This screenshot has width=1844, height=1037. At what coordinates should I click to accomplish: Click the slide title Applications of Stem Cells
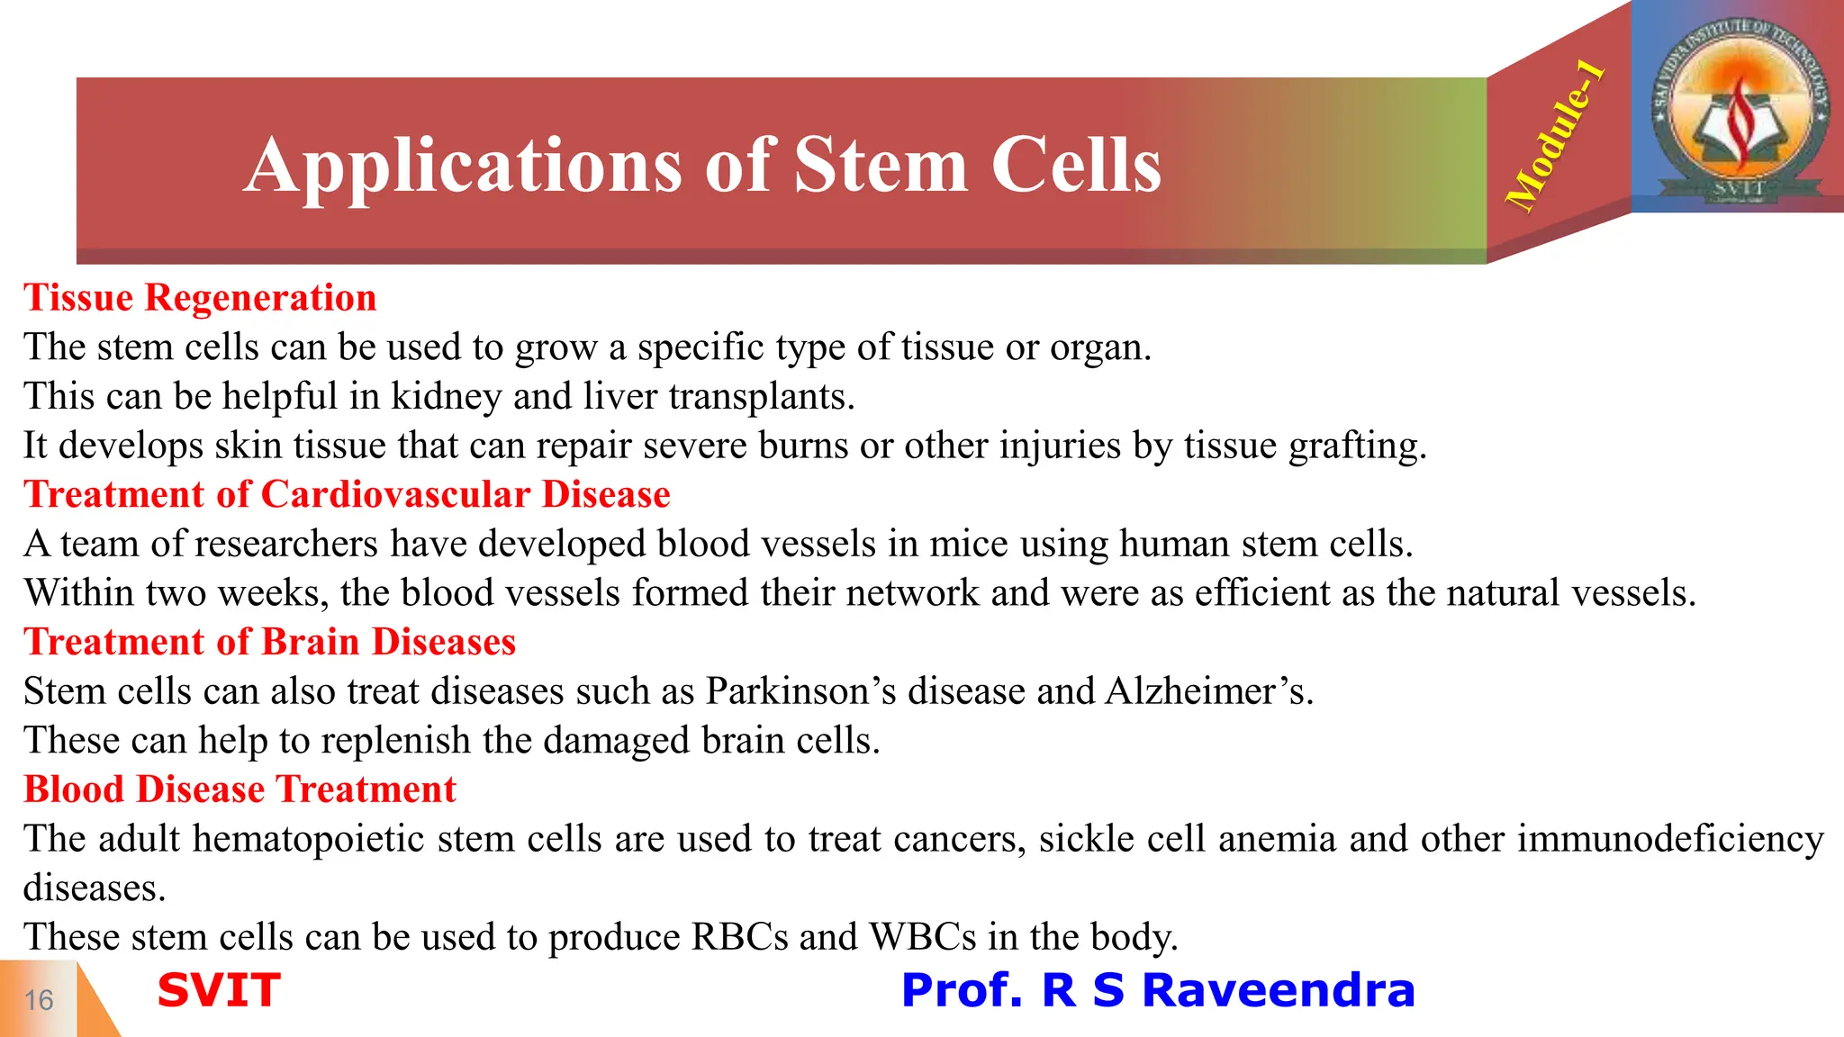tap(702, 166)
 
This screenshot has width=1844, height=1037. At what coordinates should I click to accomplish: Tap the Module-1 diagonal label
tap(1555, 137)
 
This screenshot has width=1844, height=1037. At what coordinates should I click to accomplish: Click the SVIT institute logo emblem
tap(1738, 106)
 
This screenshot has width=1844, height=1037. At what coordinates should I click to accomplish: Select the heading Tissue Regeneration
tap(200, 298)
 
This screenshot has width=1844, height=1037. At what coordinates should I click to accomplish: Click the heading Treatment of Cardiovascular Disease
tap(347, 494)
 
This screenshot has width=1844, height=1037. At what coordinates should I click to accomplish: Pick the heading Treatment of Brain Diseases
tap(269, 642)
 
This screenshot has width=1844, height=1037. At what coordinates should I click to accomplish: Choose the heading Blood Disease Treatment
tap(240, 789)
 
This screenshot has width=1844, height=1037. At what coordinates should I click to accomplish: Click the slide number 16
tap(39, 1000)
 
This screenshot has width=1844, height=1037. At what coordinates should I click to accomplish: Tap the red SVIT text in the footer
tap(219, 990)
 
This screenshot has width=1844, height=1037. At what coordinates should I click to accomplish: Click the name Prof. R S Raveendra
tap(1158, 990)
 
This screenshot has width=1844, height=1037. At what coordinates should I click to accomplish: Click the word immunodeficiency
tap(1670, 839)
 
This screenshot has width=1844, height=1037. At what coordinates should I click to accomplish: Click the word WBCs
tap(922, 937)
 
